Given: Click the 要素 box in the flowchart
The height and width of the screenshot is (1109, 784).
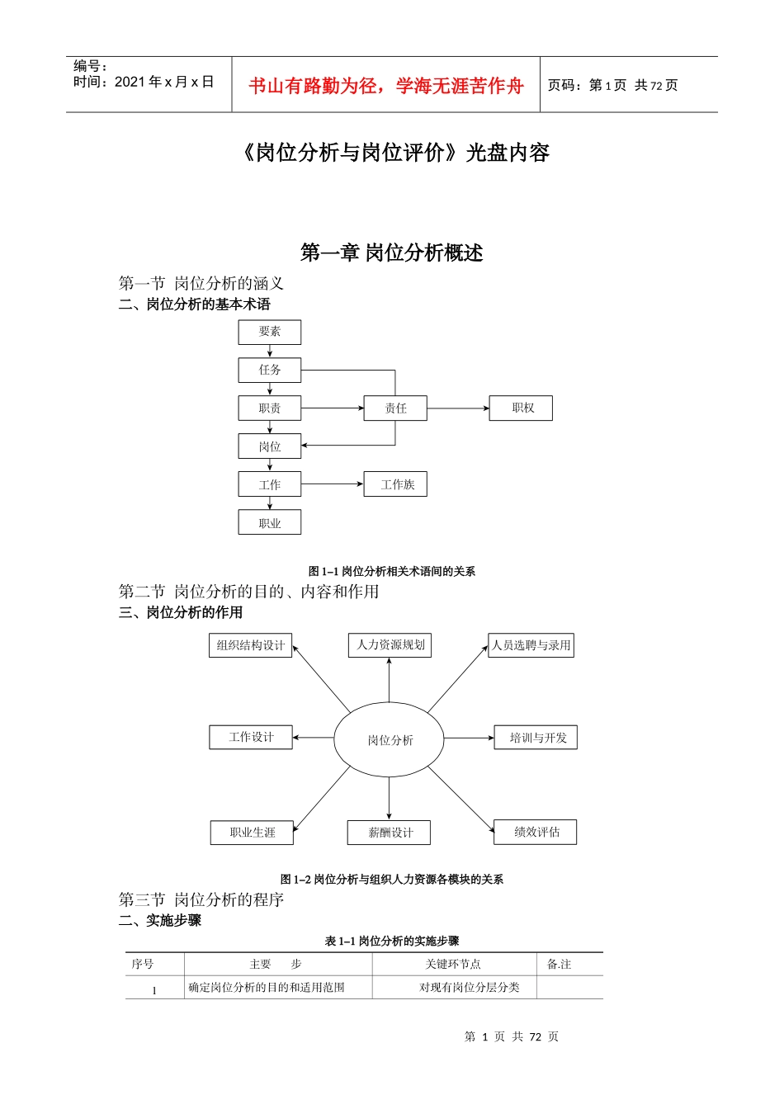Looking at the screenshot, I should point(270,332).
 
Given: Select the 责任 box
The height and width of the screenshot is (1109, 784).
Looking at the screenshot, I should point(395,408).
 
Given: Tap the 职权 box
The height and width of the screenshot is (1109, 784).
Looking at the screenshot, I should point(521,408).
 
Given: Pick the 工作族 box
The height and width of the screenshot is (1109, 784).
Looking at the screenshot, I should point(395,484).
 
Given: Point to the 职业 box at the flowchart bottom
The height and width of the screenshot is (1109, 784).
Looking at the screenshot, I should point(270,522).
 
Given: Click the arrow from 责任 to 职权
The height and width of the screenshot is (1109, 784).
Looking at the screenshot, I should point(458,408).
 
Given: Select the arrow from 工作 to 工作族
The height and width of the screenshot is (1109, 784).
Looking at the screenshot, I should point(332,484).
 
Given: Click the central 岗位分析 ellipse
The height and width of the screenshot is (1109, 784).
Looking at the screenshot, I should point(390,740).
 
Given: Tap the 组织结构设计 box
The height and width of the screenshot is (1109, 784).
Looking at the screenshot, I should point(251,645).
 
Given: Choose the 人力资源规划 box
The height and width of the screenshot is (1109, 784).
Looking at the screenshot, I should point(390,645).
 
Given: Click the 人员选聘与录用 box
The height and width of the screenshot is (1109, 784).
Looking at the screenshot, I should point(531,645).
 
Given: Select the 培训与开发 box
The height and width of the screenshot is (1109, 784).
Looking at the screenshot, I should point(536,738).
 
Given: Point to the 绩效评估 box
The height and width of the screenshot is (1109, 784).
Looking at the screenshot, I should point(536,832).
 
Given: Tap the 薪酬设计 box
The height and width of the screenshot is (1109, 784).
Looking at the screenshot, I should point(390,833).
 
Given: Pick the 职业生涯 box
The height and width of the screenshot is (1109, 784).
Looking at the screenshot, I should point(252,833).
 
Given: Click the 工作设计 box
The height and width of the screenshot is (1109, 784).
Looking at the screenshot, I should point(251,737).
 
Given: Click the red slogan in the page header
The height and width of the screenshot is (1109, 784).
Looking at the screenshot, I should point(385,86).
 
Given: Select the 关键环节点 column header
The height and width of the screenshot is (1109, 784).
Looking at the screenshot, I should point(453,964).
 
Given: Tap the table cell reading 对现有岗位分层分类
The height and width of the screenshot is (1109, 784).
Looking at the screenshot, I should point(469,987).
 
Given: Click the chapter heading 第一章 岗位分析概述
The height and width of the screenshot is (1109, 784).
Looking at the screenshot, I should point(391,252).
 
